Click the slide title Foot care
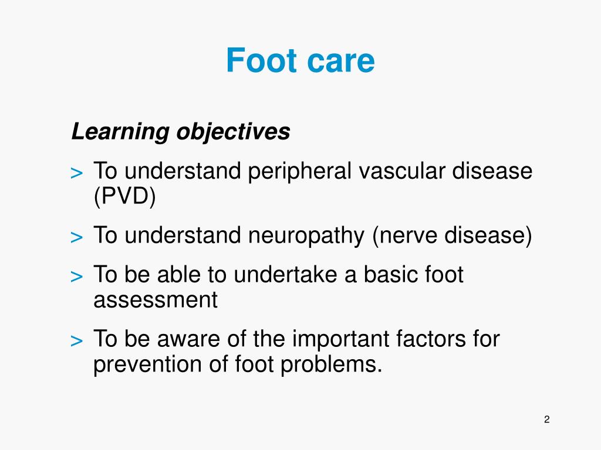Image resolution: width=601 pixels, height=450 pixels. click(x=300, y=60)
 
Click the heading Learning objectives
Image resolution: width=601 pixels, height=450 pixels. click(x=180, y=132)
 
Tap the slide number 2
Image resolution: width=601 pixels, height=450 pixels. click(x=546, y=419)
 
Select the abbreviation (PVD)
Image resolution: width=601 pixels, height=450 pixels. click(x=125, y=197)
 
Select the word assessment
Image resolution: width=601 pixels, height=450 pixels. click(x=155, y=300)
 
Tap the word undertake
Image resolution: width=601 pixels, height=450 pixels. click(x=286, y=275)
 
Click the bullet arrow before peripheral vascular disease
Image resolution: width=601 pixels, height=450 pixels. click(x=76, y=173)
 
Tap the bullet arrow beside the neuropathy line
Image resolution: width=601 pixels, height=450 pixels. click(x=76, y=238)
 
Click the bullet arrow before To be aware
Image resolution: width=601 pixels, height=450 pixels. click(x=76, y=340)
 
